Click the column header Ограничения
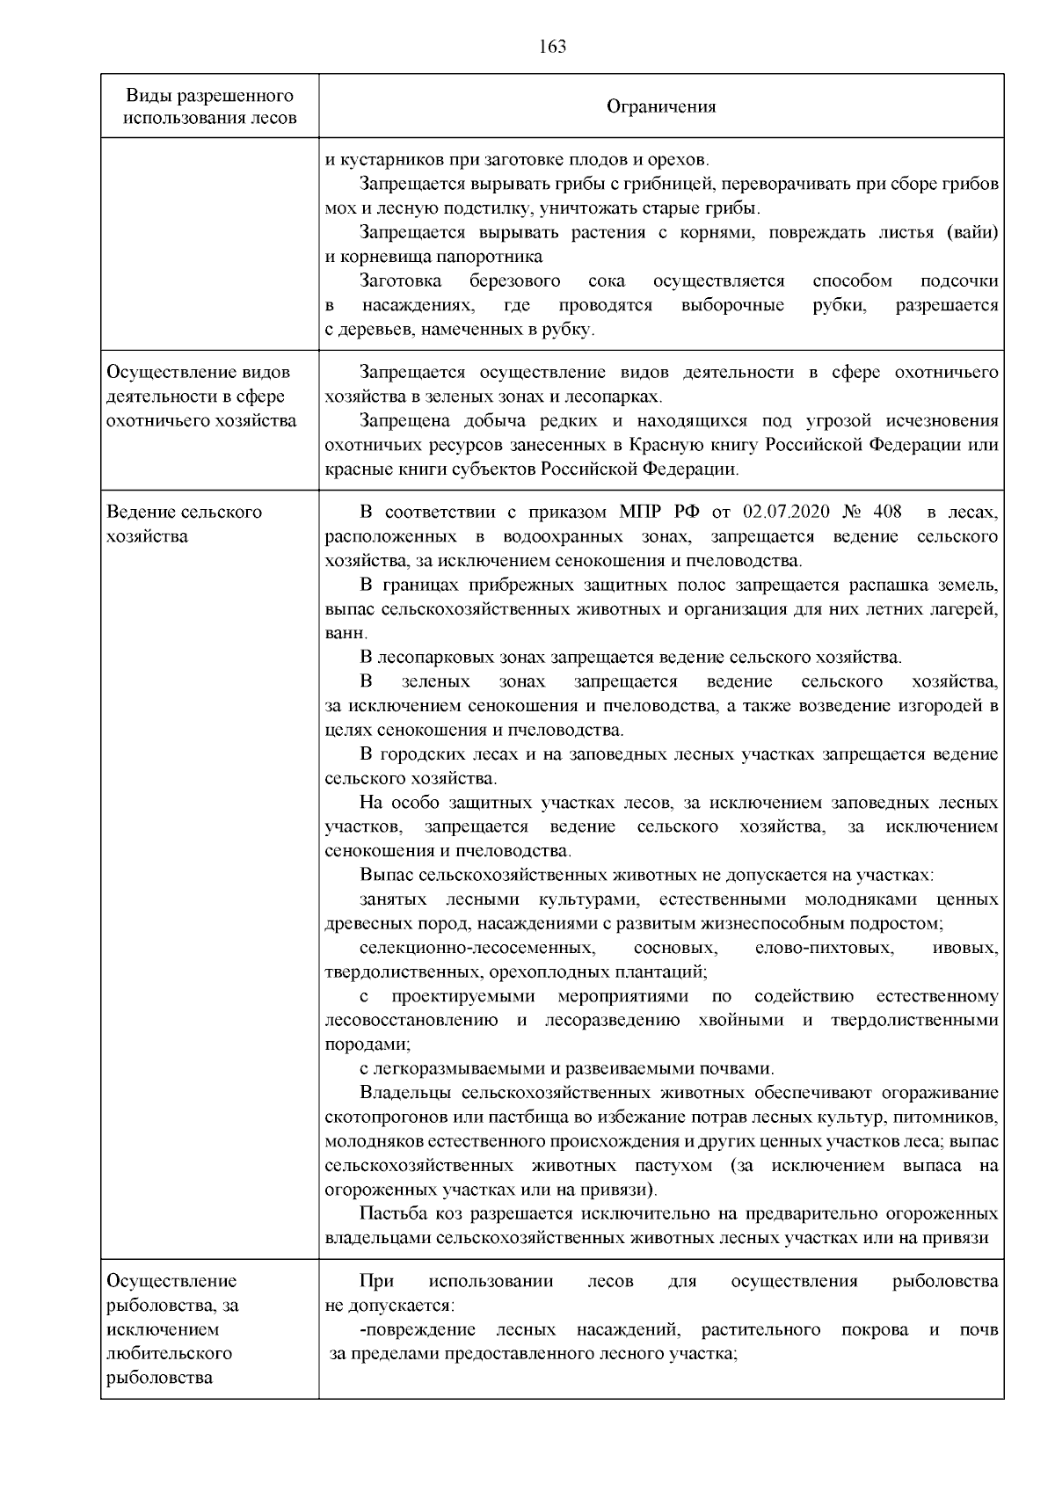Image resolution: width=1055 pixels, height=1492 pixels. point(661,106)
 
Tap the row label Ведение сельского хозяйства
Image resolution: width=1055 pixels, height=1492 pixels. point(184,524)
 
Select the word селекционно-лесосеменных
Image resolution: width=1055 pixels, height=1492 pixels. point(476,949)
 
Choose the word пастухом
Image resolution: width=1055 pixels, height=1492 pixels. point(682,1166)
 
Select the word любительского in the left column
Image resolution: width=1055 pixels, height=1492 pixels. point(169,1354)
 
